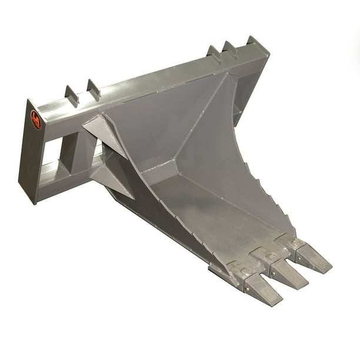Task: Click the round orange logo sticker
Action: [x=36, y=120]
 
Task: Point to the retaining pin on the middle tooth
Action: [x=270, y=259]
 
